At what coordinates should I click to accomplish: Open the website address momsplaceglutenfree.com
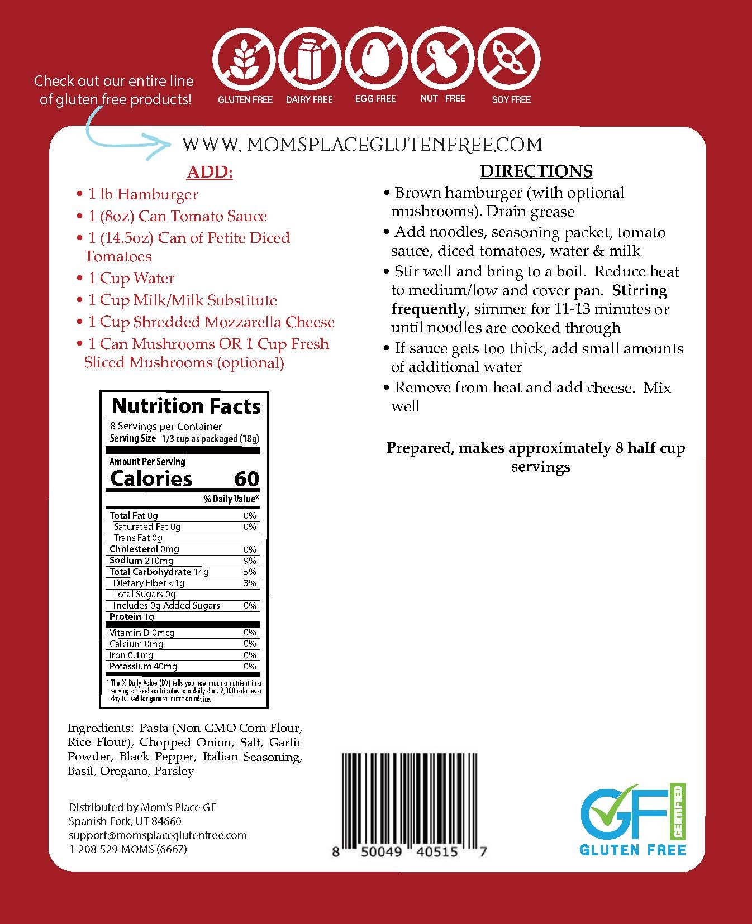[362, 145]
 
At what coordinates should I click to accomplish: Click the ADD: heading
[210, 172]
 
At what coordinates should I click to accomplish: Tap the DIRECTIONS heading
[536, 171]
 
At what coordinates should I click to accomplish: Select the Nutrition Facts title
[186, 406]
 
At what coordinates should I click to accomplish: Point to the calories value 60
[246, 478]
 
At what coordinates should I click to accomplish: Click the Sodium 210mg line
[142, 561]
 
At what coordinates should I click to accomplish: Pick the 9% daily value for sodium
[250, 561]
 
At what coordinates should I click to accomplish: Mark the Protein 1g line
[132, 616]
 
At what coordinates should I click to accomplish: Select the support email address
[158, 835]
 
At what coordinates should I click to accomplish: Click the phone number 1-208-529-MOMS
[128, 849]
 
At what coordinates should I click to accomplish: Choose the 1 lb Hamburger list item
[143, 194]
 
